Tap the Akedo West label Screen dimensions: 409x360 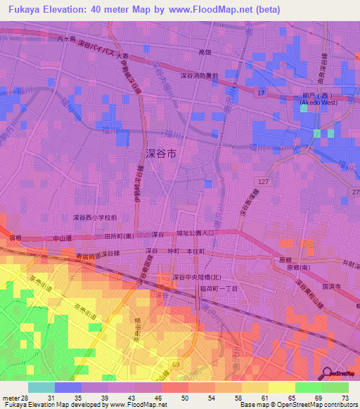pos(314,103)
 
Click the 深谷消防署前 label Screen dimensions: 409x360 pos(199,75)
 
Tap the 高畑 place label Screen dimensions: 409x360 pos(205,52)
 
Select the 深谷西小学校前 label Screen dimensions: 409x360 pos(95,217)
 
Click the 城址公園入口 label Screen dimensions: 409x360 pos(199,233)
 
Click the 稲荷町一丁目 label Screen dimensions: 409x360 pos(218,289)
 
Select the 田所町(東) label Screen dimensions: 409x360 pos(119,236)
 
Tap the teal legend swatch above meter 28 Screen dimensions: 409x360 pos(41,387)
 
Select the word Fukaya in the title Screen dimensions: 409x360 pos(22,9)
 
